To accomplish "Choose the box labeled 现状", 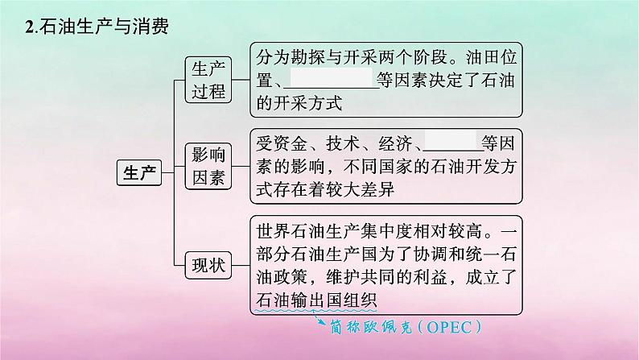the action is click(x=208, y=264).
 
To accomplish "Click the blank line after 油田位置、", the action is click(x=332, y=80).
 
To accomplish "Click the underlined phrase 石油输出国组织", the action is click(x=315, y=300).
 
